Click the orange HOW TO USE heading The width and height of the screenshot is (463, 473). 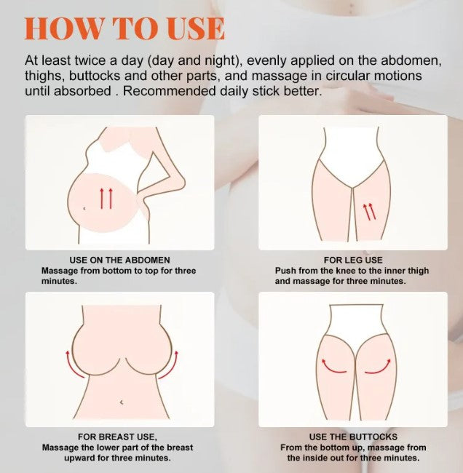pos(124,28)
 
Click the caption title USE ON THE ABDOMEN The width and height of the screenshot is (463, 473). pos(120,260)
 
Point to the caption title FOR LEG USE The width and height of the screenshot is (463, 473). pos(353,260)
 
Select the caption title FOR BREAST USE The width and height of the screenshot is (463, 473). pos(117,437)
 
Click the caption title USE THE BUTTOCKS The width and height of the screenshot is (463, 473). pos(353,437)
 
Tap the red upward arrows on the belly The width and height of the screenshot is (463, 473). pos(106,198)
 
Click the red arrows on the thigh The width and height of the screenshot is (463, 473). pos(369,211)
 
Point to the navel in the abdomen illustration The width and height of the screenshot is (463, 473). pos(84,208)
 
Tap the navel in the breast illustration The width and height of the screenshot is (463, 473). pos(122,402)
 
